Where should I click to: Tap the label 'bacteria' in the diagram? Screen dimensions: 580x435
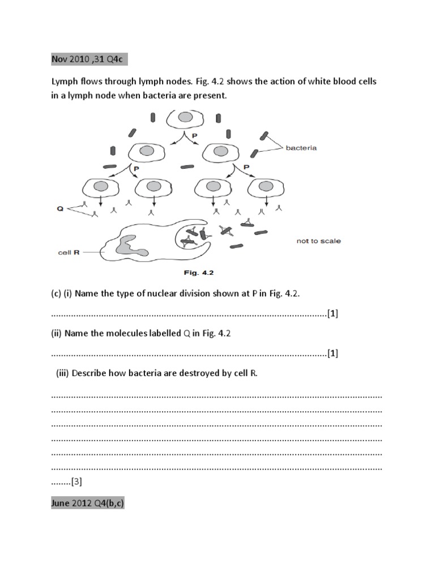[301, 148]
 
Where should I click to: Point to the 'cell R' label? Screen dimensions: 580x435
[69, 253]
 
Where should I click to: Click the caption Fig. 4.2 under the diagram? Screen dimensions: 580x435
[198, 272]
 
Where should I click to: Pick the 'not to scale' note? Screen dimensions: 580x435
[318, 241]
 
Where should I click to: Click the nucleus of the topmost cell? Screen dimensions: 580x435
[186, 117]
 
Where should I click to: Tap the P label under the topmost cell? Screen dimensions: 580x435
[195, 136]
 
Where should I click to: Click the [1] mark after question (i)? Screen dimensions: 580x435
[332, 313]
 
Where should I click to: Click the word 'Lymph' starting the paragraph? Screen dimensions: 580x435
[65, 82]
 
